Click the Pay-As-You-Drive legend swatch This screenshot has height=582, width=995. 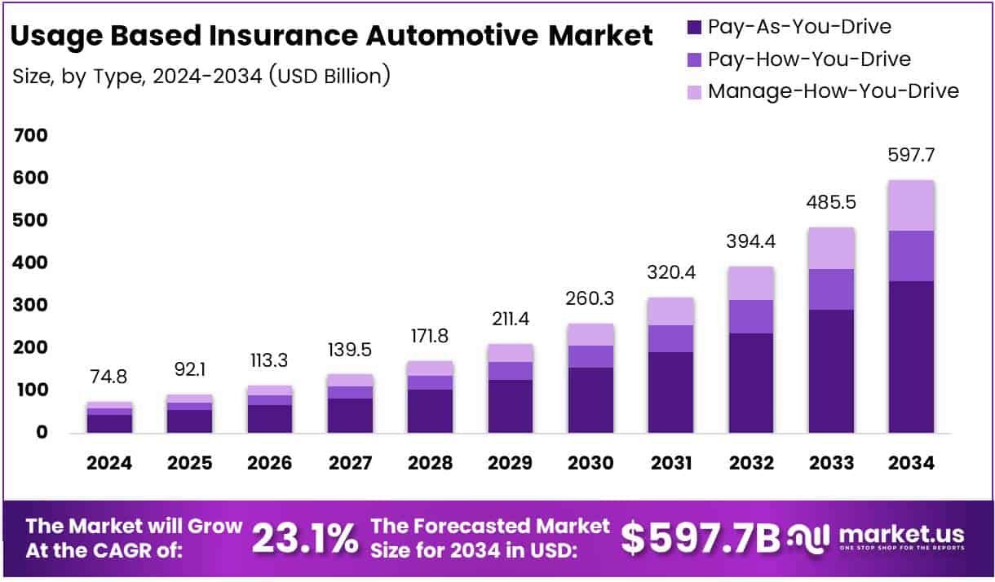694,28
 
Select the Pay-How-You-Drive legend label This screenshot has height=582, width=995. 809,59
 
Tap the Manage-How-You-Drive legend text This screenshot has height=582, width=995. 833,90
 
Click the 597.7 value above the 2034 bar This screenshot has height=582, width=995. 911,155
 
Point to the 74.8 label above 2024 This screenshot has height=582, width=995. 109,377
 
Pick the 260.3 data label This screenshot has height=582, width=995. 590,298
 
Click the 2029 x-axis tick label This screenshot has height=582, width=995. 511,464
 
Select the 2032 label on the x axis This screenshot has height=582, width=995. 751,464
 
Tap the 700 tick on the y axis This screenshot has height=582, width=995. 31,135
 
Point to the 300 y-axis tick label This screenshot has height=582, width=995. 31,305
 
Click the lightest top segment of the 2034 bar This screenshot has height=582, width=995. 911,205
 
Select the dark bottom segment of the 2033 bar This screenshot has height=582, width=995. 831,371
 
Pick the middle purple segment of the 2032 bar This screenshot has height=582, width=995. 751,316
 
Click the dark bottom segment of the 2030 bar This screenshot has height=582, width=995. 590,399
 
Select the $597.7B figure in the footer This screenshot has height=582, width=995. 700,537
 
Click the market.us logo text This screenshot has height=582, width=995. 900,534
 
